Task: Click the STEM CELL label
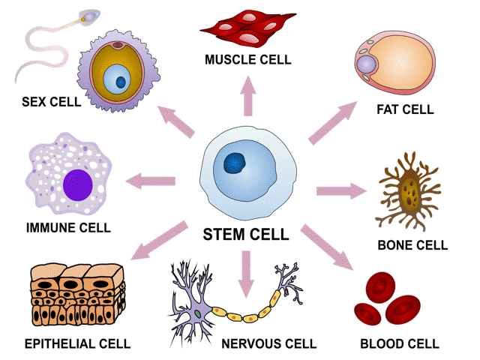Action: [246, 235]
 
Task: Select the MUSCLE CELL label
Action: [247, 59]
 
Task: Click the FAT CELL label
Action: [405, 109]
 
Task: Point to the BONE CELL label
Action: [413, 245]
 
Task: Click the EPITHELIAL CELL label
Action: [78, 344]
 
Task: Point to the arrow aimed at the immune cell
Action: [151, 180]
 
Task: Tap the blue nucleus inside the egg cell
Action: [117, 79]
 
